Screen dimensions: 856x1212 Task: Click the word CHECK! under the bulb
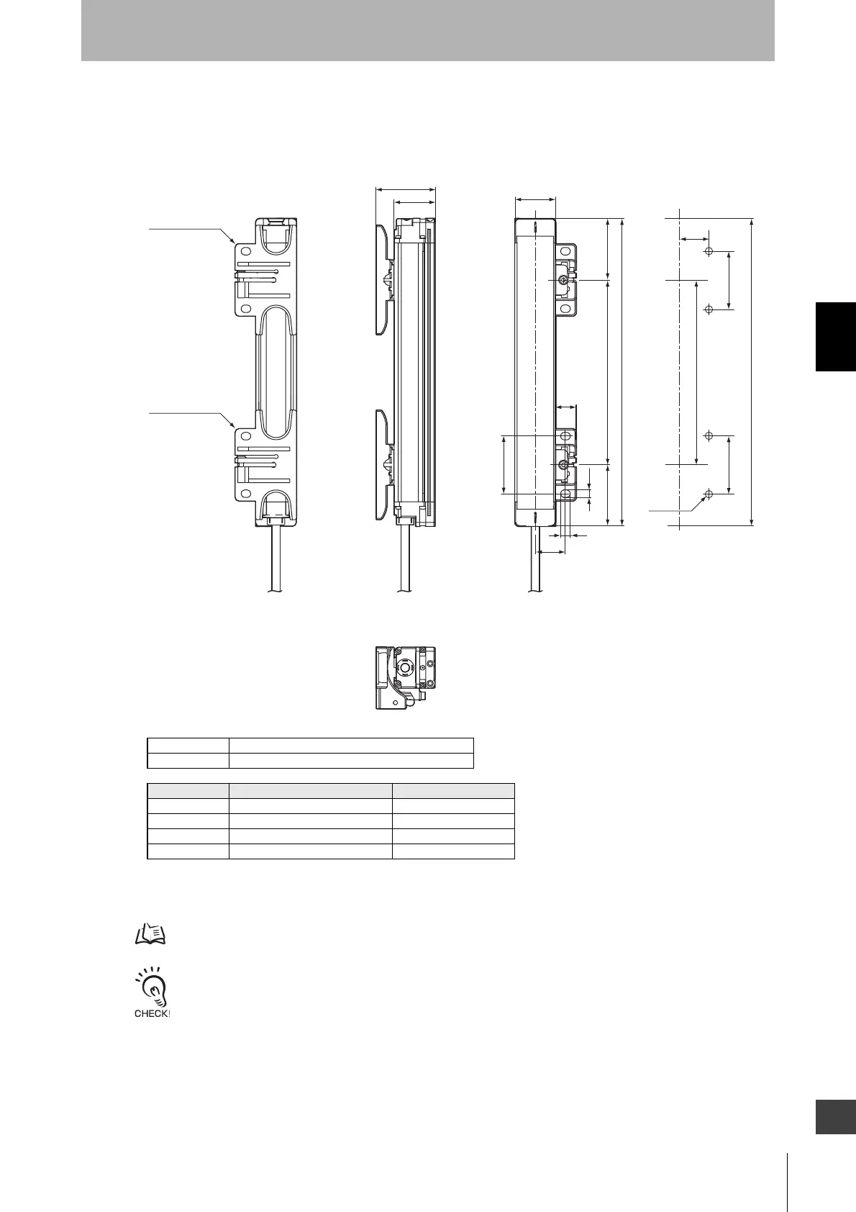click(152, 1013)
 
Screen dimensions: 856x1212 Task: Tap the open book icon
click(150, 934)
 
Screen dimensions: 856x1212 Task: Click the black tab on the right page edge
click(835, 337)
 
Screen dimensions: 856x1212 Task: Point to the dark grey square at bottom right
click(835, 1118)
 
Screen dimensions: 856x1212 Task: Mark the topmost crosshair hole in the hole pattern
click(709, 252)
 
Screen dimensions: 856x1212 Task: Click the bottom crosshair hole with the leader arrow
click(709, 494)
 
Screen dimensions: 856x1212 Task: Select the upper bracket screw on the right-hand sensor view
click(563, 280)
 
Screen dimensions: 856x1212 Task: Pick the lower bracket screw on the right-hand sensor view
click(563, 464)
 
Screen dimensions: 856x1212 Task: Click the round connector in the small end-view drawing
click(404, 668)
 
